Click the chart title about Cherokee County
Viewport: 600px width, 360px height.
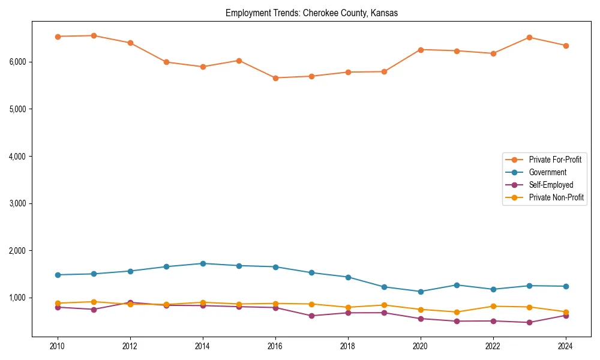pyautogui.click(x=311, y=13)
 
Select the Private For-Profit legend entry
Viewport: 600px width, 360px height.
pyautogui.click(x=555, y=160)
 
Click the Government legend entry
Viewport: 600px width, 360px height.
pyautogui.click(x=547, y=172)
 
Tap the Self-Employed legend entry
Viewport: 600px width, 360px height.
pyautogui.click(x=551, y=185)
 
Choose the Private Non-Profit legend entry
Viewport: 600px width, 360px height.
pyautogui.click(x=556, y=197)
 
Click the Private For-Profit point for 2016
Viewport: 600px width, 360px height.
pyautogui.click(x=275, y=78)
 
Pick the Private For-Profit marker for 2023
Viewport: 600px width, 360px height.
pyautogui.click(x=529, y=37)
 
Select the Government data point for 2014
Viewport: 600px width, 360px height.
pyautogui.click(x=203, y=263)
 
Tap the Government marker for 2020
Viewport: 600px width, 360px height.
pyautogui.click(x=421, y=292)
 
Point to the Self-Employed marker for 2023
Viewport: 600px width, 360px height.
pyautogui.click(x=529, y=322)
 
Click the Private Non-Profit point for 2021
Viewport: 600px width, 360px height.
pyautogui.click(x=457, y=312)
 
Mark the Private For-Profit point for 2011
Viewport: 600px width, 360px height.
pyautogui.click(x=94, y=35)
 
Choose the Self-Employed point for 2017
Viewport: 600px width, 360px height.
pyautogui.click(x=311, y=316)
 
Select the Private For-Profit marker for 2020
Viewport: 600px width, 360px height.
pyautogui.click(x=421, y=50)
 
